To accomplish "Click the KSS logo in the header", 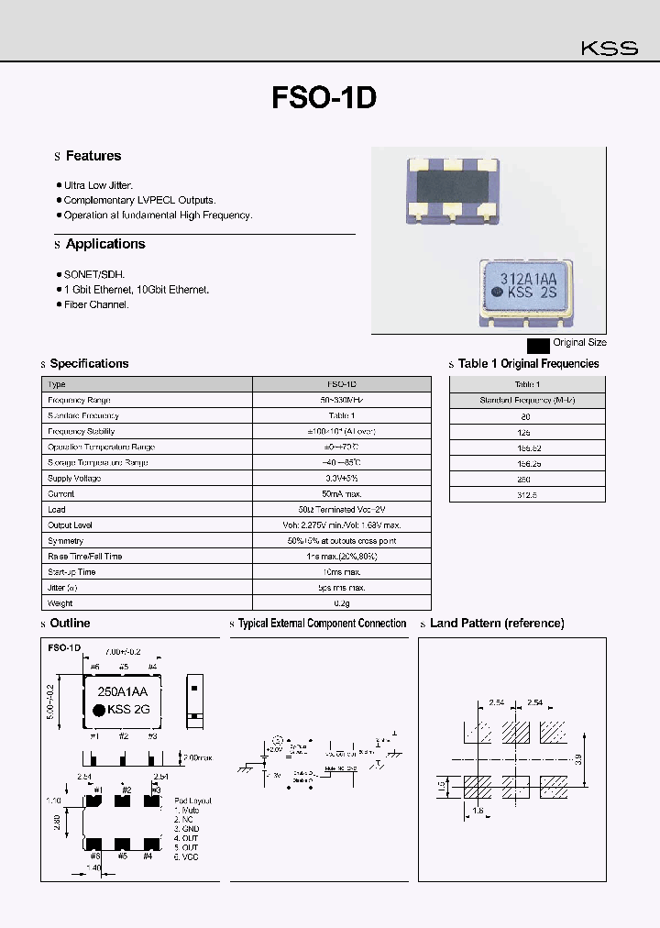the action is tap(610, 49).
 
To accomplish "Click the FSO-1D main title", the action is tap(324, 98).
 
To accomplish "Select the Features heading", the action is tap(93, 157).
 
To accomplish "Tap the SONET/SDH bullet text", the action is tap(93, 274).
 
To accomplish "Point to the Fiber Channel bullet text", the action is tap(96, 304).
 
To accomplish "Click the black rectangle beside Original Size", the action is tap(538, 344).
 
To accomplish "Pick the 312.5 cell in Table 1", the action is tap(527, 494).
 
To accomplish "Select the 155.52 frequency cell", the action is tap(527, 447).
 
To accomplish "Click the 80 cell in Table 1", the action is tap(527, 416).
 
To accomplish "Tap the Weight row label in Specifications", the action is tap(60, 603).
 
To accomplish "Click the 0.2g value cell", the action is tap(341, 603).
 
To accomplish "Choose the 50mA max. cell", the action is tap(341, 494).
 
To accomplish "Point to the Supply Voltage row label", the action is tap(75, 479).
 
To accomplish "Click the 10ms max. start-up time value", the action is tap(341, 572).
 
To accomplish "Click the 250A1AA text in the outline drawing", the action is tap(123, 694).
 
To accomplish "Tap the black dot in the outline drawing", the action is tap(97, 710).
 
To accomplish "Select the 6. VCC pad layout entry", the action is tap(186, 856).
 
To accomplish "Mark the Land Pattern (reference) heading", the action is tap(497, 624).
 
